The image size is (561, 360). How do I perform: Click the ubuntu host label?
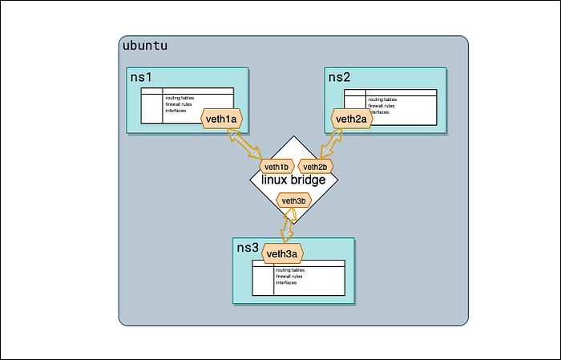pos(145,46)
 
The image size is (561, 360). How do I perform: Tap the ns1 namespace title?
pos(141,77)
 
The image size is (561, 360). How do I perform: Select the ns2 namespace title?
pos(339,77)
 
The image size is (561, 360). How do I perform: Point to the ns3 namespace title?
pos(248,248)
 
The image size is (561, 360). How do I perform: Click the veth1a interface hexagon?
pos(221,119)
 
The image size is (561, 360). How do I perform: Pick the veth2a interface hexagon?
pos(351,119)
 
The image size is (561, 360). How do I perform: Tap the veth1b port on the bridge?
pos(276,167)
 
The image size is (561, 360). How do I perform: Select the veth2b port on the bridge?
pos(315,167)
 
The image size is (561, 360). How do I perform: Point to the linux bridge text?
pos(293,181)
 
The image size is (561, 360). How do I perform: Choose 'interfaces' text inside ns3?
pos(286,282)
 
